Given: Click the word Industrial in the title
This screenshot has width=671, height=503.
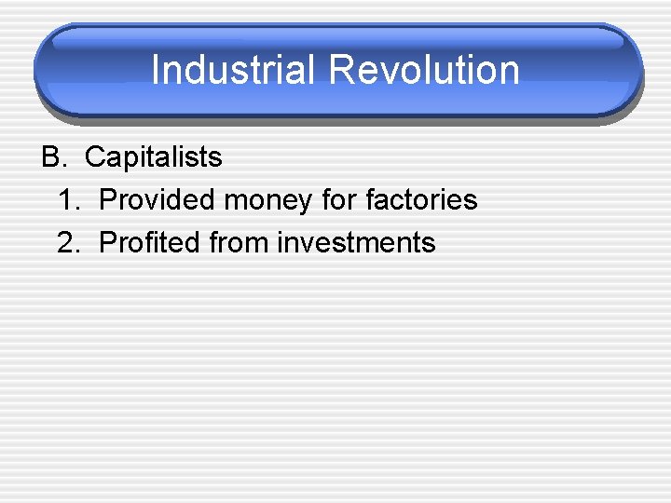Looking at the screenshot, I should click(x=234, y=71).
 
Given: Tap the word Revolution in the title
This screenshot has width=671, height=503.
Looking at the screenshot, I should click(x=423, y=71).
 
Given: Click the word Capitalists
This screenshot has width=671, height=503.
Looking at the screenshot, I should click(x=153, y=157).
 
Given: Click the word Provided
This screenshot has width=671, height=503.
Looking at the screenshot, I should click(x=156, y=200).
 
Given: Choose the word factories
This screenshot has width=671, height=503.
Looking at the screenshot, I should click(x=421, y=200).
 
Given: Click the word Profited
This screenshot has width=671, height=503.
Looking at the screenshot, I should click(x=150, y=243).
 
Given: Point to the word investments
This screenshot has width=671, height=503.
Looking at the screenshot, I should click(x=357, y=243).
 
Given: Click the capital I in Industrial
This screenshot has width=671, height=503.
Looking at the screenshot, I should click(x=156, y=71).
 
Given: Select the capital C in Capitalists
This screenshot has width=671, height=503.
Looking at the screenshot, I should click(x=94, y=157).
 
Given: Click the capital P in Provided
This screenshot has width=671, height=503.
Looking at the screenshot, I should click(x=107, y=200).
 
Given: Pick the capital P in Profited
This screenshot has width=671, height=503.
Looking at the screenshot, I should click(x=107, y=243).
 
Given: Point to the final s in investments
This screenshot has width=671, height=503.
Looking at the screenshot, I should click(x=429, y=244).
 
